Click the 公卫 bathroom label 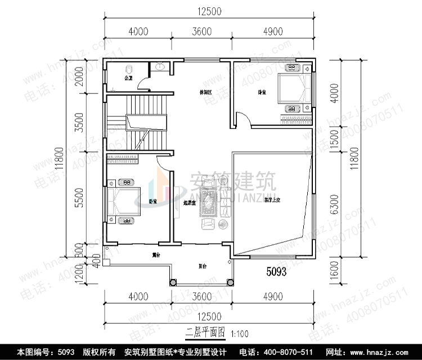[128, 78]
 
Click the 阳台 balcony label [201, 267]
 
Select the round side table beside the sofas [223, 224]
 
